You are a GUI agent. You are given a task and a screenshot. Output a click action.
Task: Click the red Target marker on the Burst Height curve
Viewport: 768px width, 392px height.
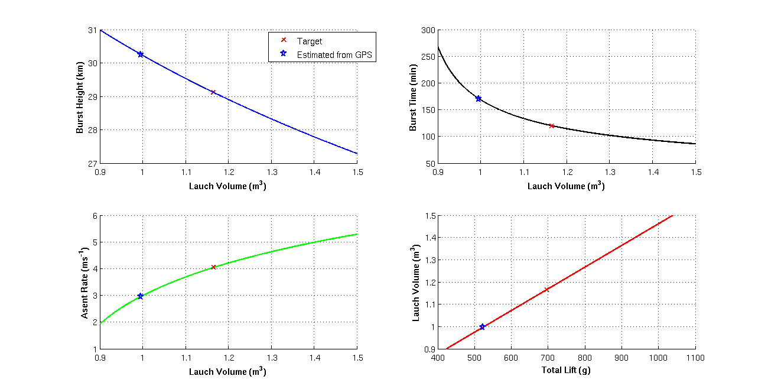coord(213,92)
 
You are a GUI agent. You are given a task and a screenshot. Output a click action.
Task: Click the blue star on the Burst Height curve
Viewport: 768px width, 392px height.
coord(141,54)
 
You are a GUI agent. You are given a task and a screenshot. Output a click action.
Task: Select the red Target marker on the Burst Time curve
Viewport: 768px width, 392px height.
coord(551,125)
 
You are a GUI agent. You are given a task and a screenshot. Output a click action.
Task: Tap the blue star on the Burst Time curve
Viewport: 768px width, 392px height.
coord(479,99)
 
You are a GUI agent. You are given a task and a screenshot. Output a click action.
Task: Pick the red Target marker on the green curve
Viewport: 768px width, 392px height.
coord(213,267)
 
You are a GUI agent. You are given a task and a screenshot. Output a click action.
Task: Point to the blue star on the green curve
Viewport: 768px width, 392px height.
coord(141,296)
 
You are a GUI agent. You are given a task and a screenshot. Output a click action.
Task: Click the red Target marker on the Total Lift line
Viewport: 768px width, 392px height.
coord(547,289)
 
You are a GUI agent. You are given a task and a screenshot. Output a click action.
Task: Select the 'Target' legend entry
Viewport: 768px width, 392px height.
coord(310,41)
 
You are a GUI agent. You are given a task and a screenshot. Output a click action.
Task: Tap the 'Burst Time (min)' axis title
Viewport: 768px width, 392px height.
coord(414,96)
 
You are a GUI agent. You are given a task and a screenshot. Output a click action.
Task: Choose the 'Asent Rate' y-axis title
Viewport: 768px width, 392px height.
coord(85,282)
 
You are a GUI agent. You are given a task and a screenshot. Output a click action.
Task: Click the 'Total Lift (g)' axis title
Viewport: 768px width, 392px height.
coord(566,371)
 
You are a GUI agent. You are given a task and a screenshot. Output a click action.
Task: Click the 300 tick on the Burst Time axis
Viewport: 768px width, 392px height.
coord(427,30)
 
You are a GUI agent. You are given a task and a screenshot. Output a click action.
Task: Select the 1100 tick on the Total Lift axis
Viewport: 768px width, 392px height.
coord(695,357)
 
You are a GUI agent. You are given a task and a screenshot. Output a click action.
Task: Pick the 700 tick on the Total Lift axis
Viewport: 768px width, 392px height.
coord(547,357)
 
